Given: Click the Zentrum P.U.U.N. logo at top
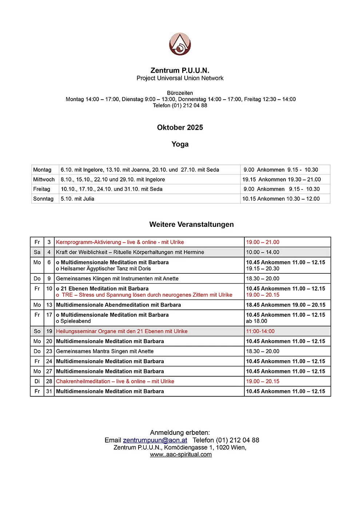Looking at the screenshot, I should [x=180, y=44].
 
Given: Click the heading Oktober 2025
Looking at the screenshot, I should [x=180, y=128].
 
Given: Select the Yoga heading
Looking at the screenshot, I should [x=180, y=144].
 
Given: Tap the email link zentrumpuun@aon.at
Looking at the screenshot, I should [x=155, y=440].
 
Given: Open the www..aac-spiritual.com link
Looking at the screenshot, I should [x=181, y=454].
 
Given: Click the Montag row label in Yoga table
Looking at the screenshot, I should [x=42, y=170].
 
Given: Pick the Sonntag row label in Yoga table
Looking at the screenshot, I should [x=43, y=199].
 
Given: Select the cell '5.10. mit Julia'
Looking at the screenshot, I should [x=77, y=199].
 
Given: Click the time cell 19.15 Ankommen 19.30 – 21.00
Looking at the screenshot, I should [x=281, y=180].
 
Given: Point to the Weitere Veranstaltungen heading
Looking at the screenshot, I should [x=191, y=225].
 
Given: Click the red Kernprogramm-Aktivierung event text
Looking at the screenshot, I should [x=120, y=242].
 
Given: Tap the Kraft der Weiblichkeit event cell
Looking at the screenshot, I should [x=130, y=252].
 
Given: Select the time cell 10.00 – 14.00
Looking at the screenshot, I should [x=263, y=252].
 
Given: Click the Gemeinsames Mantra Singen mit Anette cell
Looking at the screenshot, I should [x=105, y=352].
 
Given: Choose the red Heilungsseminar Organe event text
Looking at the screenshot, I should [x=122, y=332].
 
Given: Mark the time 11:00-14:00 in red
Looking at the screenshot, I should [x=260, y=332].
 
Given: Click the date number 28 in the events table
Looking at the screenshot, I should [x=49, y=381].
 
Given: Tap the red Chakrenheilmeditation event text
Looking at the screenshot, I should [x=115, y=381].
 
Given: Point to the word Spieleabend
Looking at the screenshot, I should [x=76, y=321].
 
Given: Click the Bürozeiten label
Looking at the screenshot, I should [x=180, y=93].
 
